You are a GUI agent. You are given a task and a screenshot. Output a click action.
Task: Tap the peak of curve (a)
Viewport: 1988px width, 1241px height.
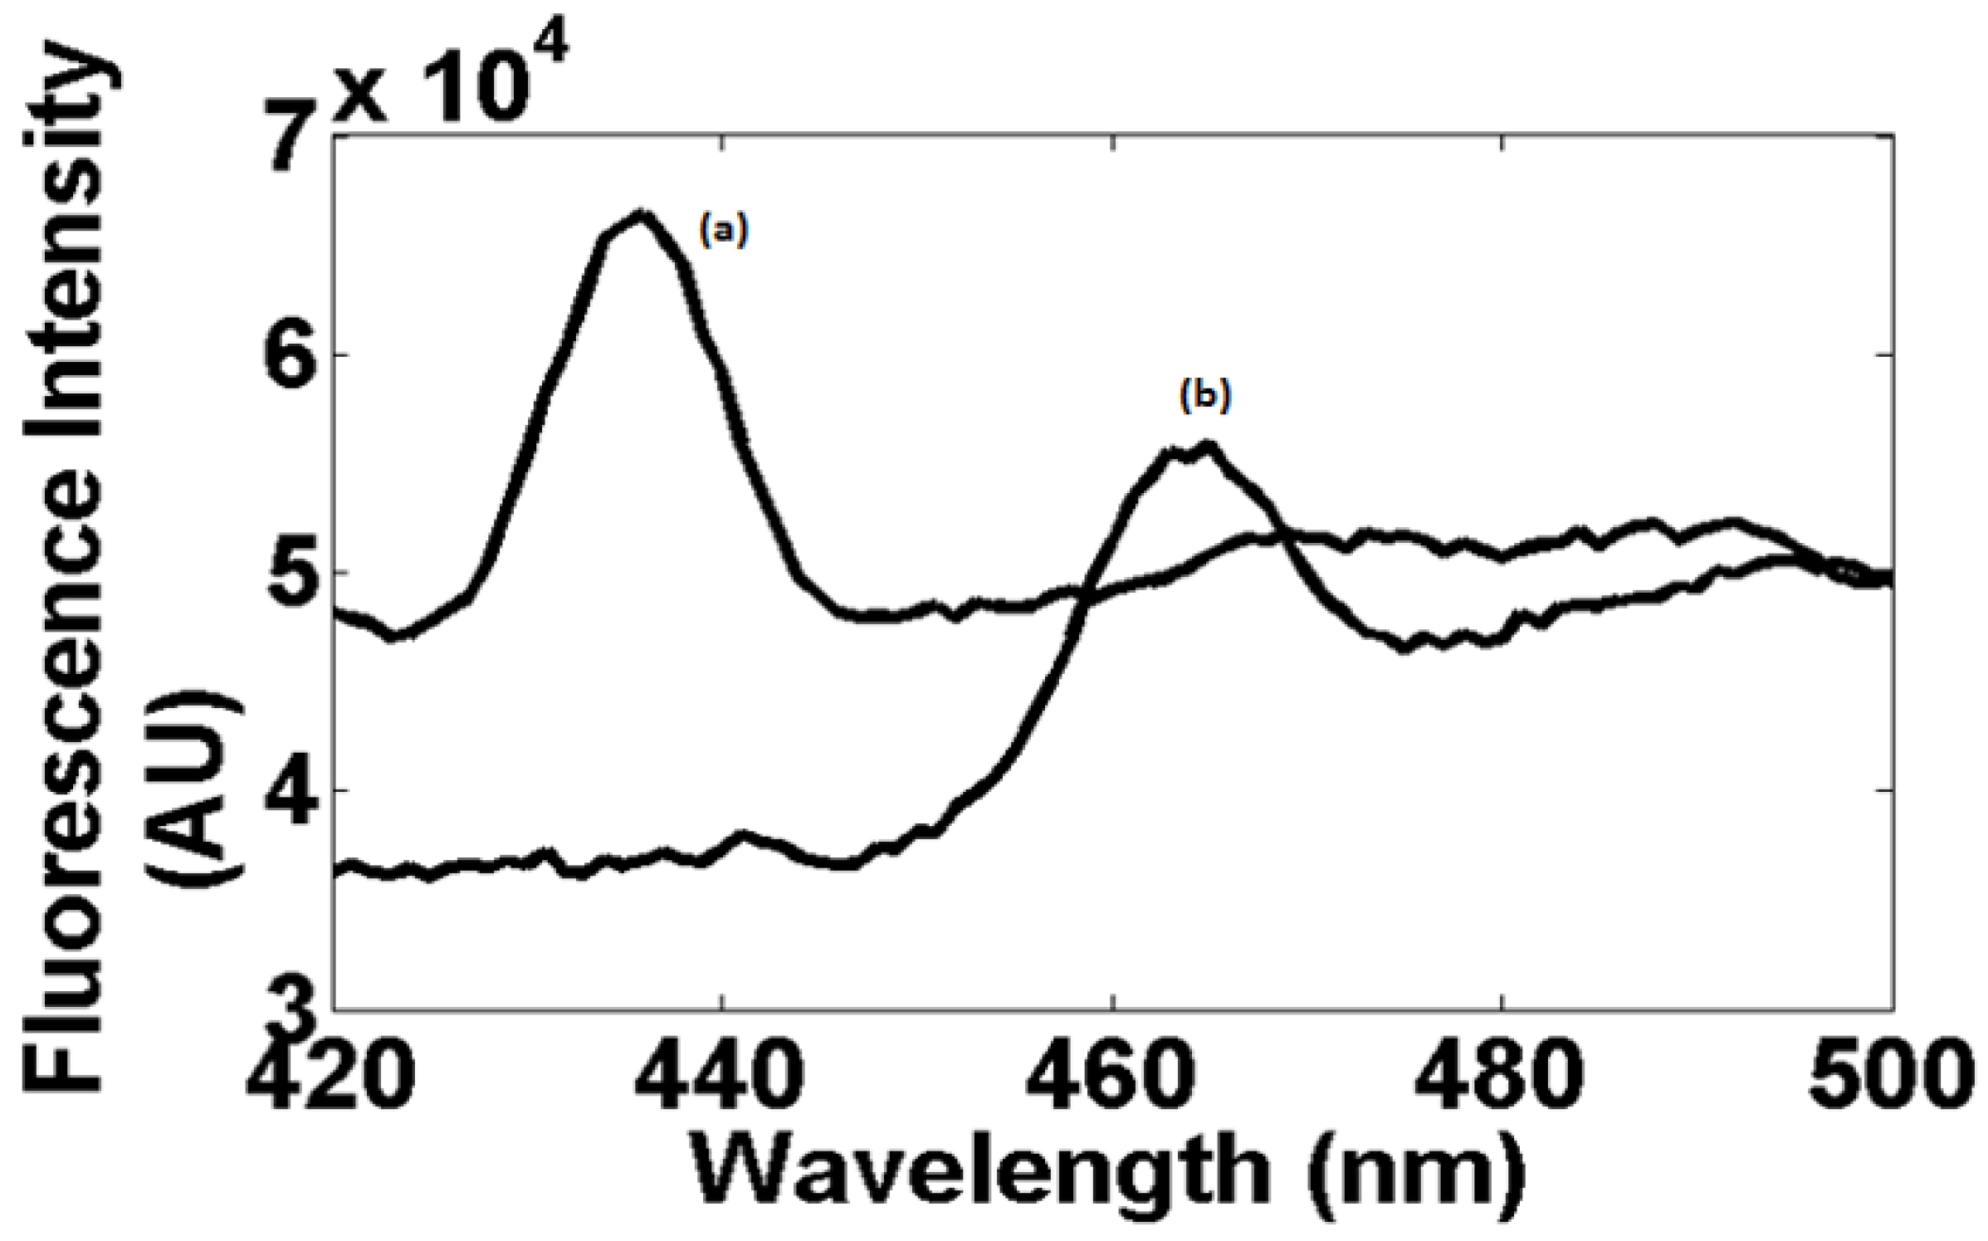pos(640,214)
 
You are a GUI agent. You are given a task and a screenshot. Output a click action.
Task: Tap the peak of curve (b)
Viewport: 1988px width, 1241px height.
pos(1208,446)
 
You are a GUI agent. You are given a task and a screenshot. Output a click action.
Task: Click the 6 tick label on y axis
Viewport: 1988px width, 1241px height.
pos(297,354)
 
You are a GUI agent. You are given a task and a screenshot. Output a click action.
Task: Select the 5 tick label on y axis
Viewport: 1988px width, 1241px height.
pos(297,573)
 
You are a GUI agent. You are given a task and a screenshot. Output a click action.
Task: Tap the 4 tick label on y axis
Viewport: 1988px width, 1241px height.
pos(297,790)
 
